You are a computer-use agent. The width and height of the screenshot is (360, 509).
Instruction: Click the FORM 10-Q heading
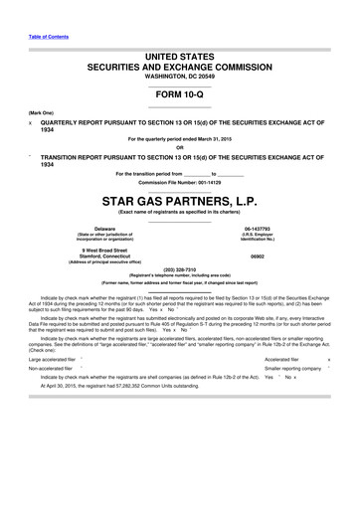tap(179, 91)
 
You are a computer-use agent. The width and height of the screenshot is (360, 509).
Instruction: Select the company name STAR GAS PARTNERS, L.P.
tap(179, 200)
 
